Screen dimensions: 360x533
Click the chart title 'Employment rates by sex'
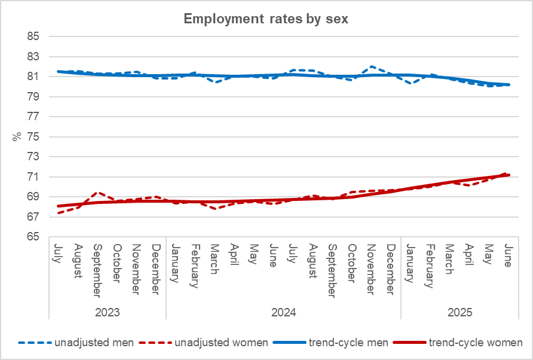pos(266,19)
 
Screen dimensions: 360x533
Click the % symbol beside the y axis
pos(16,136)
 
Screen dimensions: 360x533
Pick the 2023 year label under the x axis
pos(107,313)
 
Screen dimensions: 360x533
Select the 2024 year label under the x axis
pos(283,313)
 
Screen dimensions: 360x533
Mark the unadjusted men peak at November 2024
pos(372,66)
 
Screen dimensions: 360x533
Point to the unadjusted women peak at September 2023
pos(98,193)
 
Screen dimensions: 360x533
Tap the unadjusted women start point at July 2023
pos(59,212)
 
